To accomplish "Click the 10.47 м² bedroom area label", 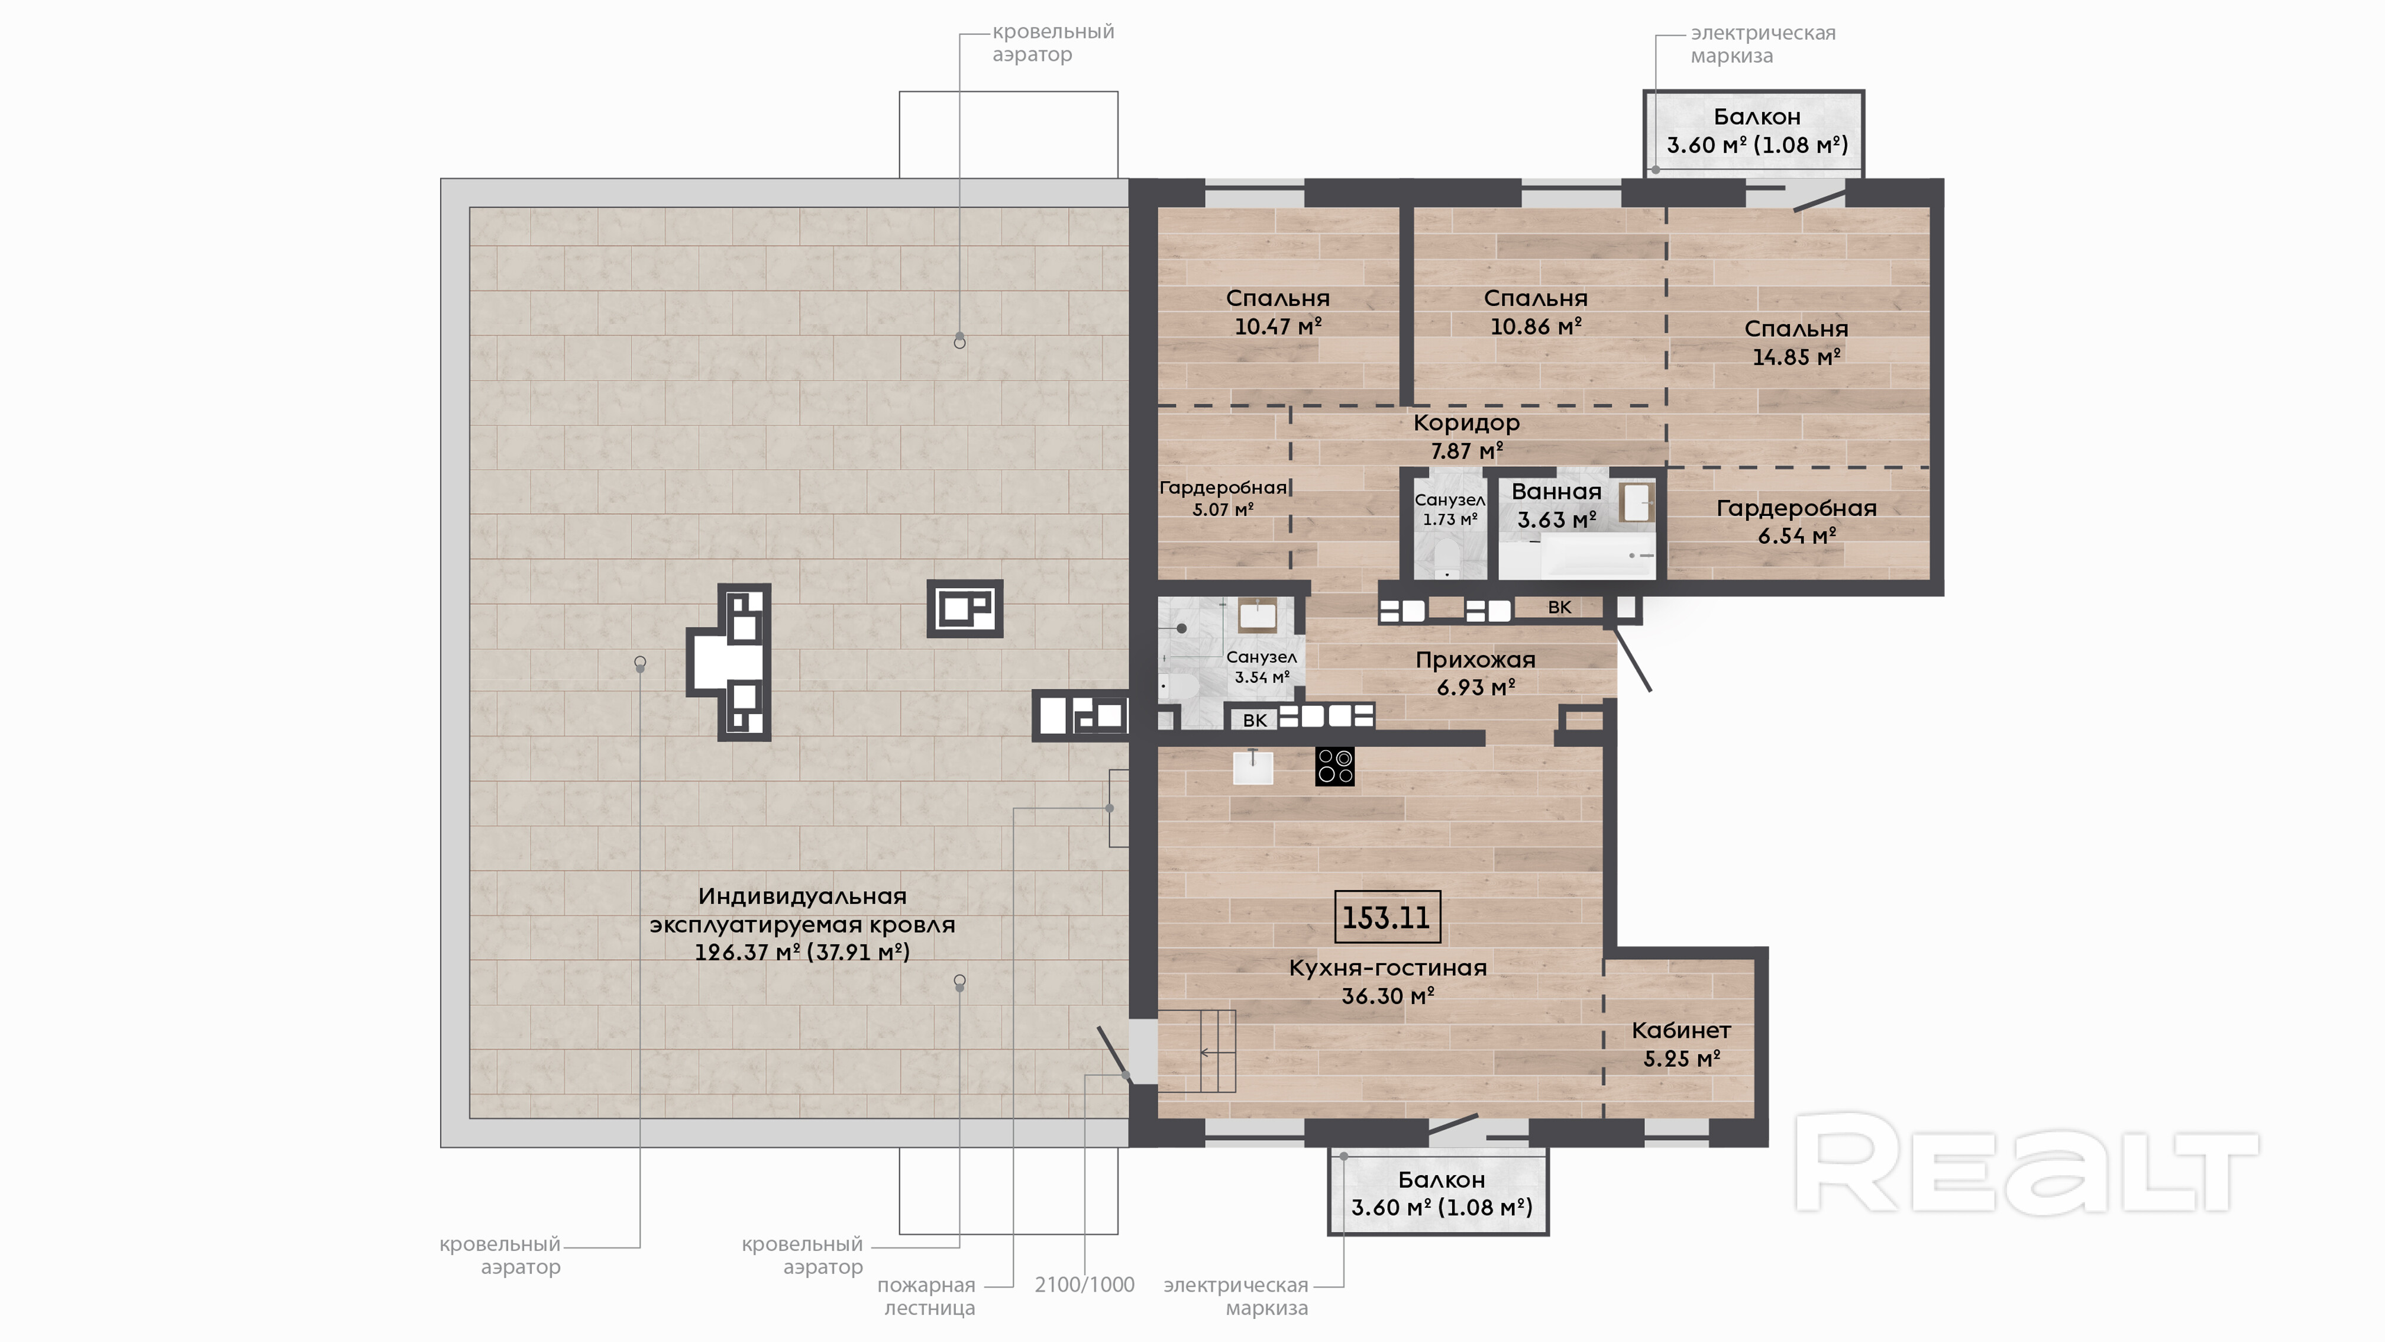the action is pyautogui.click(x=1278, y=326).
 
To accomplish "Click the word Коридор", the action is pyautogui.click(x=1466, y=423).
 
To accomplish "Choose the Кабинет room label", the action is pyautogui.click(x=1681, y=1030).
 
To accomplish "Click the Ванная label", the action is pyautogui.click(x=1556, y=492).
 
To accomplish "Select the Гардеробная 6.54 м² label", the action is pyautogui.click(x=1797, y=521).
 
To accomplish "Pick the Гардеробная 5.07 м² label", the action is pyautogui.click(x=1223, y=498).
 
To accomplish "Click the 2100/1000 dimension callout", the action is pyautogui.click(x=1084, y=1285).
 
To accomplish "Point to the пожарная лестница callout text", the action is pyautogui.click(x=927, y=1296).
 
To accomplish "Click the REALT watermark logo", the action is pyautogui.click(x=2027, y=1163).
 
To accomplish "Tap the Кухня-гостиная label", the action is pyautogui.click(x=1388, y=968).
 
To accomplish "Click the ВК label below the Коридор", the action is pyautogui.click(x=1559, y=608).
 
